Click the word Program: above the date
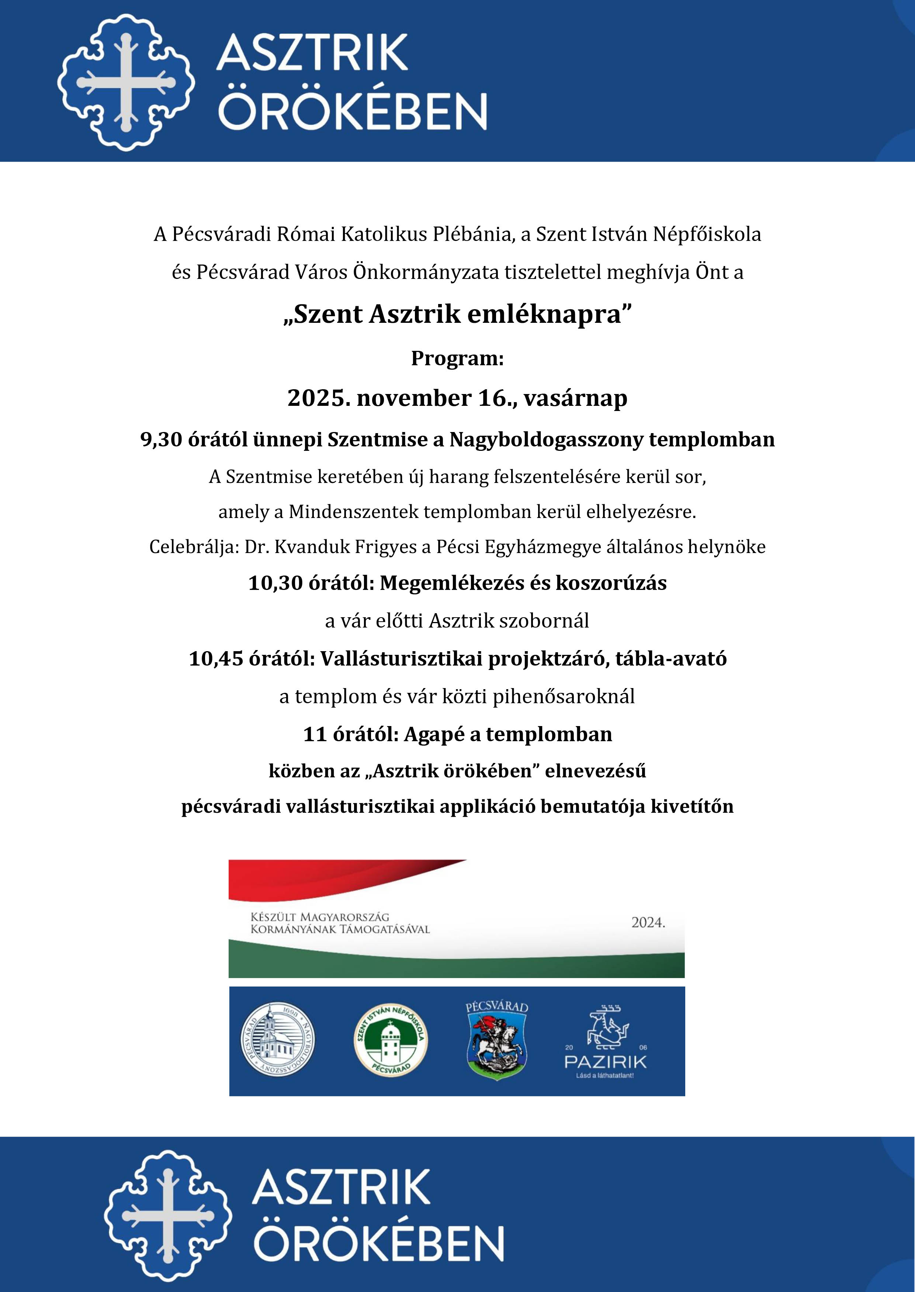tap(457, 358)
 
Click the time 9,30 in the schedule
tap(162, 439)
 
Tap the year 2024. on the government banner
tap(648, 922)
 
